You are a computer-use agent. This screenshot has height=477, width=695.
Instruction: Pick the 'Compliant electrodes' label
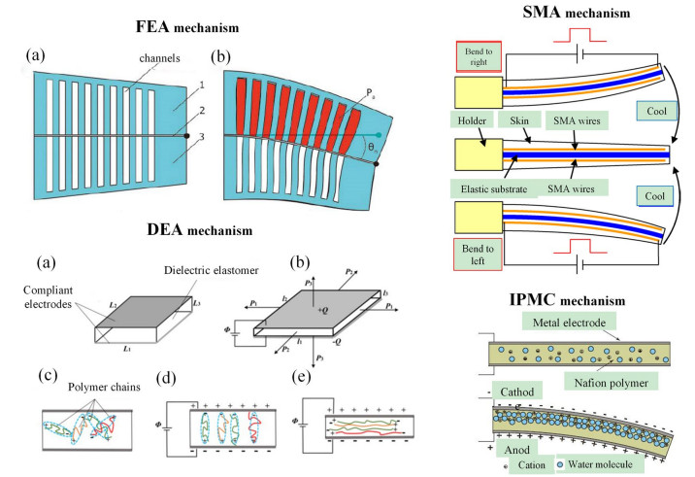70,290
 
